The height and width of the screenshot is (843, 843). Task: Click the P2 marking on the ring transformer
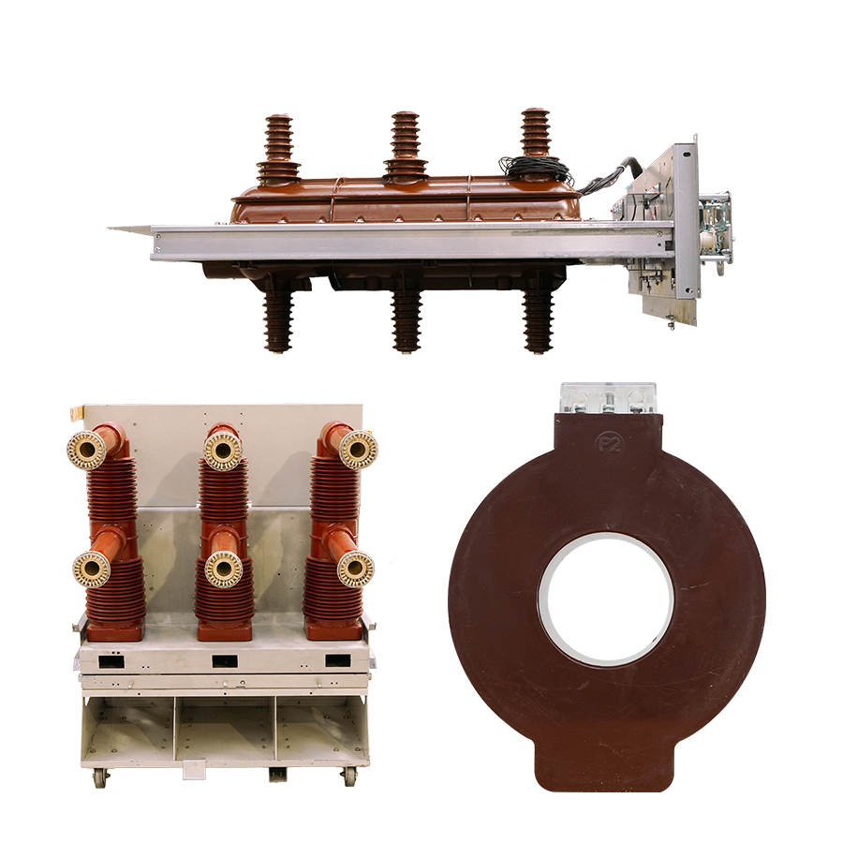click(609, 444)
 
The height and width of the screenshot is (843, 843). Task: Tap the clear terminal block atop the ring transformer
click(608, 398)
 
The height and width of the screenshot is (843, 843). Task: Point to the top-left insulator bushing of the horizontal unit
click(277, 151)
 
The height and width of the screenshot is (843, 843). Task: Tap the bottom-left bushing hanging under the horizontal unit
click(278, 319)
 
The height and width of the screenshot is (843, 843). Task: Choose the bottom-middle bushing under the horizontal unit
click(407, 320)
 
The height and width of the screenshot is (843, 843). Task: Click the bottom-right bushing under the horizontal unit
click(539, 320)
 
